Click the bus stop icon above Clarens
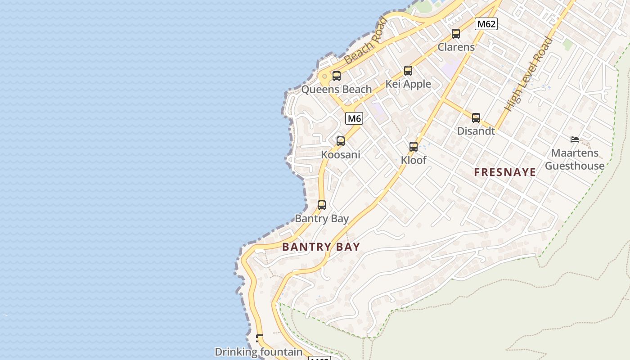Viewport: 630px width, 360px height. pyautogui.click(x=456, y=34)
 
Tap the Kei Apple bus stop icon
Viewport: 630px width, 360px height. pyautogui.click(x=408, y=71)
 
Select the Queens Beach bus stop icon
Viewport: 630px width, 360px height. pyautogui.click(x=337, y=76)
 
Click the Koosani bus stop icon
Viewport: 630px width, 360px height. pyautogui.click(x=341, y=141)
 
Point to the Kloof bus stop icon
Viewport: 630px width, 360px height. pyautogui.click(x=414, y=147)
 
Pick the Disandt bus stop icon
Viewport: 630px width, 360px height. pyautogui.click(x=476, y=118)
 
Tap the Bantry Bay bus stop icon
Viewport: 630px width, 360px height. pyautogui.click(x=322, y=205)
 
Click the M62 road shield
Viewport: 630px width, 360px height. pyautogui.click(x=486, y=24)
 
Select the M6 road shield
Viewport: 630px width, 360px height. pyautogui.click(x=354, y=119)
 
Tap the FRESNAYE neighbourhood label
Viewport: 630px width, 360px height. pyautogui.click(x=505, y=172)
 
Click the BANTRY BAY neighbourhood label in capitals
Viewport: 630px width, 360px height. pyautogui.click(x=321, y=247)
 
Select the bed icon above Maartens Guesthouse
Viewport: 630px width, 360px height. pyautogui.click(x=575, y=139)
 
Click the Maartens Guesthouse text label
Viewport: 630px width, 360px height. pyautogui.click(x=575, y=159)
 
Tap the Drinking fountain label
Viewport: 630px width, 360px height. pyautogui.click(x=258, y=352)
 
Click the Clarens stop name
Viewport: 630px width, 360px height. pyautogui.click(x=456, y=47)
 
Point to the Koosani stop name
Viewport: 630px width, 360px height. pyautogui.click(x=341, y=155)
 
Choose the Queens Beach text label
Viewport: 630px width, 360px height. pyautogui.click(x=337, y=89)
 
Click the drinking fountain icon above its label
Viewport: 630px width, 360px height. pyautogui.click(x=259, y=338)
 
